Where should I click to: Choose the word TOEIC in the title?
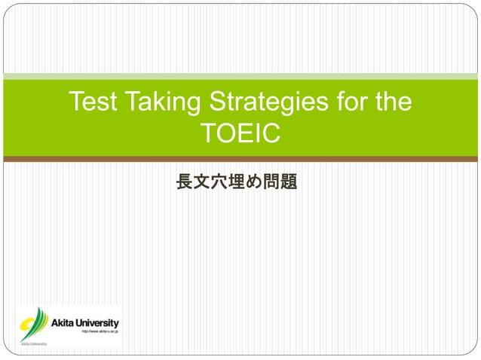click(240, 134)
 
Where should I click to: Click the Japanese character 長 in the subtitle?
click(183, 182)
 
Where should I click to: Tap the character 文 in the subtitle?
click(201, 182)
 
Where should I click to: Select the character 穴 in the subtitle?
click(219, 182)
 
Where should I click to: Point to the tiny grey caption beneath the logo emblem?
click(33, 343)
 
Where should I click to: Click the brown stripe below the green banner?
click(240, 159)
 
